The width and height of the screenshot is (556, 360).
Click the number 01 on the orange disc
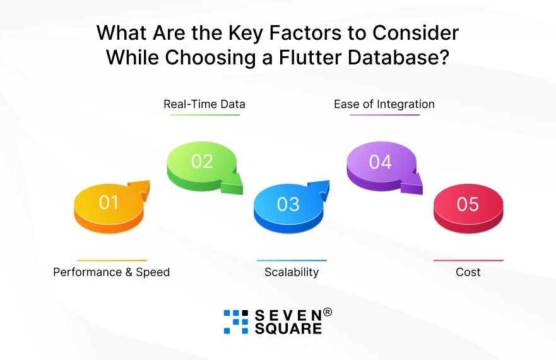(x=109, y=202)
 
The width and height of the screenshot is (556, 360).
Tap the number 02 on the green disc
(x=202, y=162)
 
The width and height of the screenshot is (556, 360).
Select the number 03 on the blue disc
(x=288, y=204)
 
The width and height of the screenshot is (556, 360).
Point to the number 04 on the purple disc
(x=380, y=162)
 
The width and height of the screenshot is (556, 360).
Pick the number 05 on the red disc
(x=468, y=204)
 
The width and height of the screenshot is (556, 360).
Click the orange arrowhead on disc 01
(x=140, y=189)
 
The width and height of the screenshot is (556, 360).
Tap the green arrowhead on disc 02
(x=233, y=184)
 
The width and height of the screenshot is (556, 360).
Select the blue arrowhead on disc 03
(x=320, y=189)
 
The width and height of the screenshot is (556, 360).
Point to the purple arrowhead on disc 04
(x=412, y=184)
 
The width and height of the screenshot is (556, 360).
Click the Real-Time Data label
(x=204, y=104)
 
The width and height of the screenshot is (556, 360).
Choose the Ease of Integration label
(x=384, y=104)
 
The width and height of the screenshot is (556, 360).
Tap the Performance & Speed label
(x=111, y=272)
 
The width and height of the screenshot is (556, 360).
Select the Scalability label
(x=292, y=272)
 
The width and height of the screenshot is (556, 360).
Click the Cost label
(x=468, y=272)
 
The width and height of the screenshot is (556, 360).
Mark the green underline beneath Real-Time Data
(x=205, y=115)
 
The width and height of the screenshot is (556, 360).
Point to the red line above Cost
(x=468, y=260)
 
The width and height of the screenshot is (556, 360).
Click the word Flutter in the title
(x=310, y=57)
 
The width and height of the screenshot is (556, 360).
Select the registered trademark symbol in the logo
(x=328, y=312)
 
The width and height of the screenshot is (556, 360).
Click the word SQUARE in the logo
(x=288, y=328)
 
